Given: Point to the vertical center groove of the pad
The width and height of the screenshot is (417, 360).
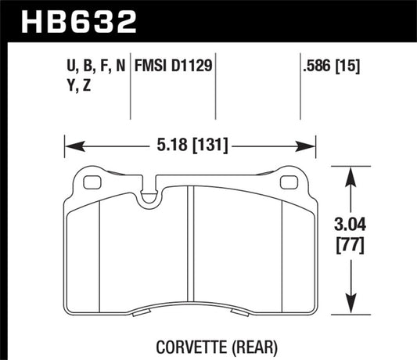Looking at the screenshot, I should tap(191, 250).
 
